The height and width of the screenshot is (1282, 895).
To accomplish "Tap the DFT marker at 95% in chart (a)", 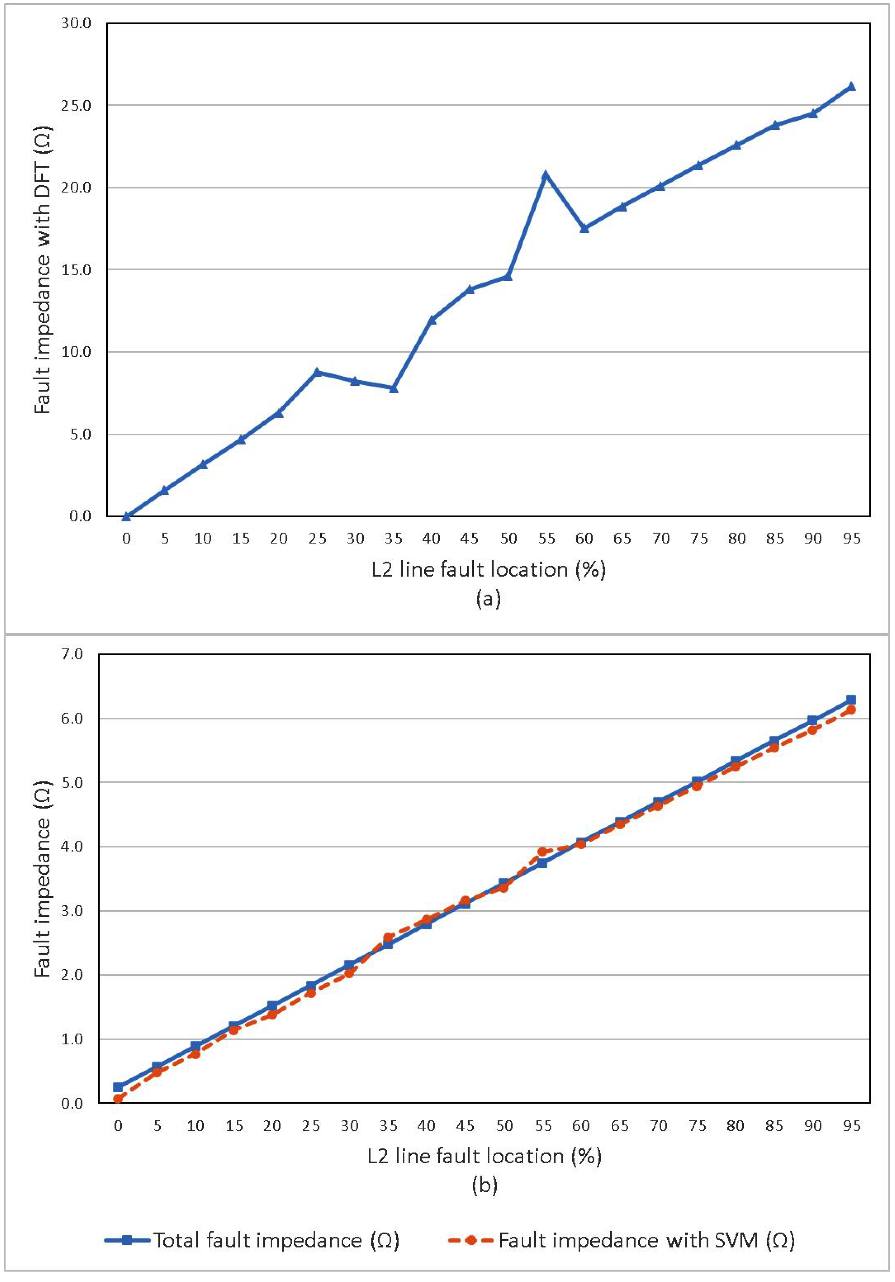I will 851,86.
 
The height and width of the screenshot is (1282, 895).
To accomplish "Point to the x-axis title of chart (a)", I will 488,569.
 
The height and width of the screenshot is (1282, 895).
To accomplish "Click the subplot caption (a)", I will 488,598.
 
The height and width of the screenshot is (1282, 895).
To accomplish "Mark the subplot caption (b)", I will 484,1184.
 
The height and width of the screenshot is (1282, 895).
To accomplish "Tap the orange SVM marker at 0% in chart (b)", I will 118,1099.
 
